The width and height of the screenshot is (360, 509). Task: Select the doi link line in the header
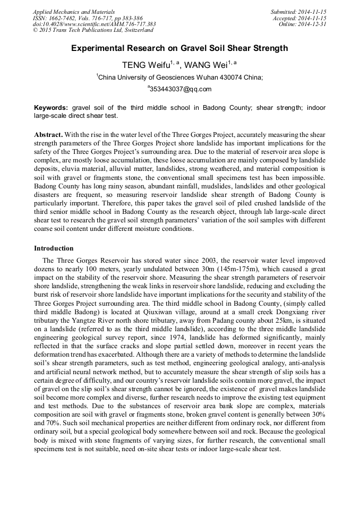tap(94, 24)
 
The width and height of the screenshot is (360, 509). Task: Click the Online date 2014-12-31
tap(313, 24)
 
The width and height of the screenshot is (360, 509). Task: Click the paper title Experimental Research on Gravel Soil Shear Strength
tap(179, 48)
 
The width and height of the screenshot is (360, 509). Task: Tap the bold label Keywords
tap(51, 107)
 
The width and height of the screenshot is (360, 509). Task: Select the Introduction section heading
tap(54, 248)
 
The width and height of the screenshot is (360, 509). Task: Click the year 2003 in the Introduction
tap(210, 261)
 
